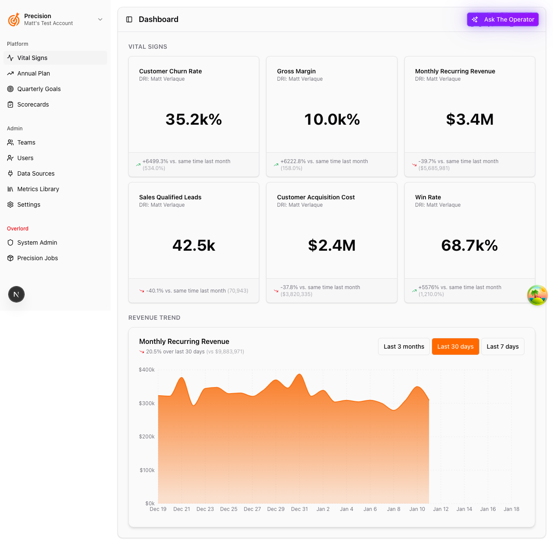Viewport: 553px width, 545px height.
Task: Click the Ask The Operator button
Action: click(x=503, y=19)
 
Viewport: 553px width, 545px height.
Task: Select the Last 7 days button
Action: click(x=502, y=347)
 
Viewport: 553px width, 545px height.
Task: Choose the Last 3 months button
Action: click(x=404, y=347)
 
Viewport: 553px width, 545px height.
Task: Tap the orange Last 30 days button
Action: click(x=455, y=347)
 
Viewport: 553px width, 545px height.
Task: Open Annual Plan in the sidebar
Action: click(x=34, y=73)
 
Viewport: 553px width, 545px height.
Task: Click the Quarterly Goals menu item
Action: click(x=39, y=89)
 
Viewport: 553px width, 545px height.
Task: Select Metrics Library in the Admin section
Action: click(x=38, y=189)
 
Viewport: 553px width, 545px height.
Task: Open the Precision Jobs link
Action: click(x=38, y=258)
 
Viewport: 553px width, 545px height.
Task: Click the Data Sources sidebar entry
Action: click(x=36, y=173)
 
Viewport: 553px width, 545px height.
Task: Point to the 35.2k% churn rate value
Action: click(x=194, y=120)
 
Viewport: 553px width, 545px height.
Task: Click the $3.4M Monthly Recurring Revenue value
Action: click(x=470, y=120)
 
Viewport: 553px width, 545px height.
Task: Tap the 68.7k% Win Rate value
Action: click(x=470, y=246)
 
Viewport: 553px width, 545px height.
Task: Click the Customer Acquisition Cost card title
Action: click(x=316, y=197)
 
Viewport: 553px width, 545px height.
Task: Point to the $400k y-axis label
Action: click(x=146, y=370)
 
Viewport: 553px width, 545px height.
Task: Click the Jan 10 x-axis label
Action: click(x=417, y=509)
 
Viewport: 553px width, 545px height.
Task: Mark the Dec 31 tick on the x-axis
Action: click(x=299, y=509)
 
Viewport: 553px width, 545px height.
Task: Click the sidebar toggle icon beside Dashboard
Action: click(x=129, y=19)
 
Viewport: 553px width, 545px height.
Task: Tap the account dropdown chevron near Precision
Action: click(x=100, y=19)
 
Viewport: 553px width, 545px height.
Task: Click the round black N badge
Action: click(x=16, y=294)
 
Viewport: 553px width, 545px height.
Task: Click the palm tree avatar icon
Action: click(x=537, y=295)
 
